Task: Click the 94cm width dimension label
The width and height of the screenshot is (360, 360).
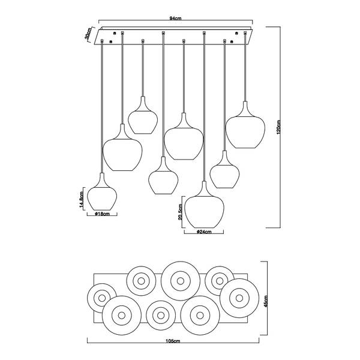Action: (175, 19)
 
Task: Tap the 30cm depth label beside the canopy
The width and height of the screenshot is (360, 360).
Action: (88, 34)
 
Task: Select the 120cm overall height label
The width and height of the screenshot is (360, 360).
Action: (278, 127)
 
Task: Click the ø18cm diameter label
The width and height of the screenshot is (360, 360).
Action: (102, 214)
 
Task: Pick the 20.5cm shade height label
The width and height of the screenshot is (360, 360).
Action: (180, 212)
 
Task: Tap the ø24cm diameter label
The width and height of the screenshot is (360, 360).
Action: (204, 232)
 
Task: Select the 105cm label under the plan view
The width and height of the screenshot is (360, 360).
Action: (173, 341)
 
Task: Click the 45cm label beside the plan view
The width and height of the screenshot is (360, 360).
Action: (266, 301)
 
